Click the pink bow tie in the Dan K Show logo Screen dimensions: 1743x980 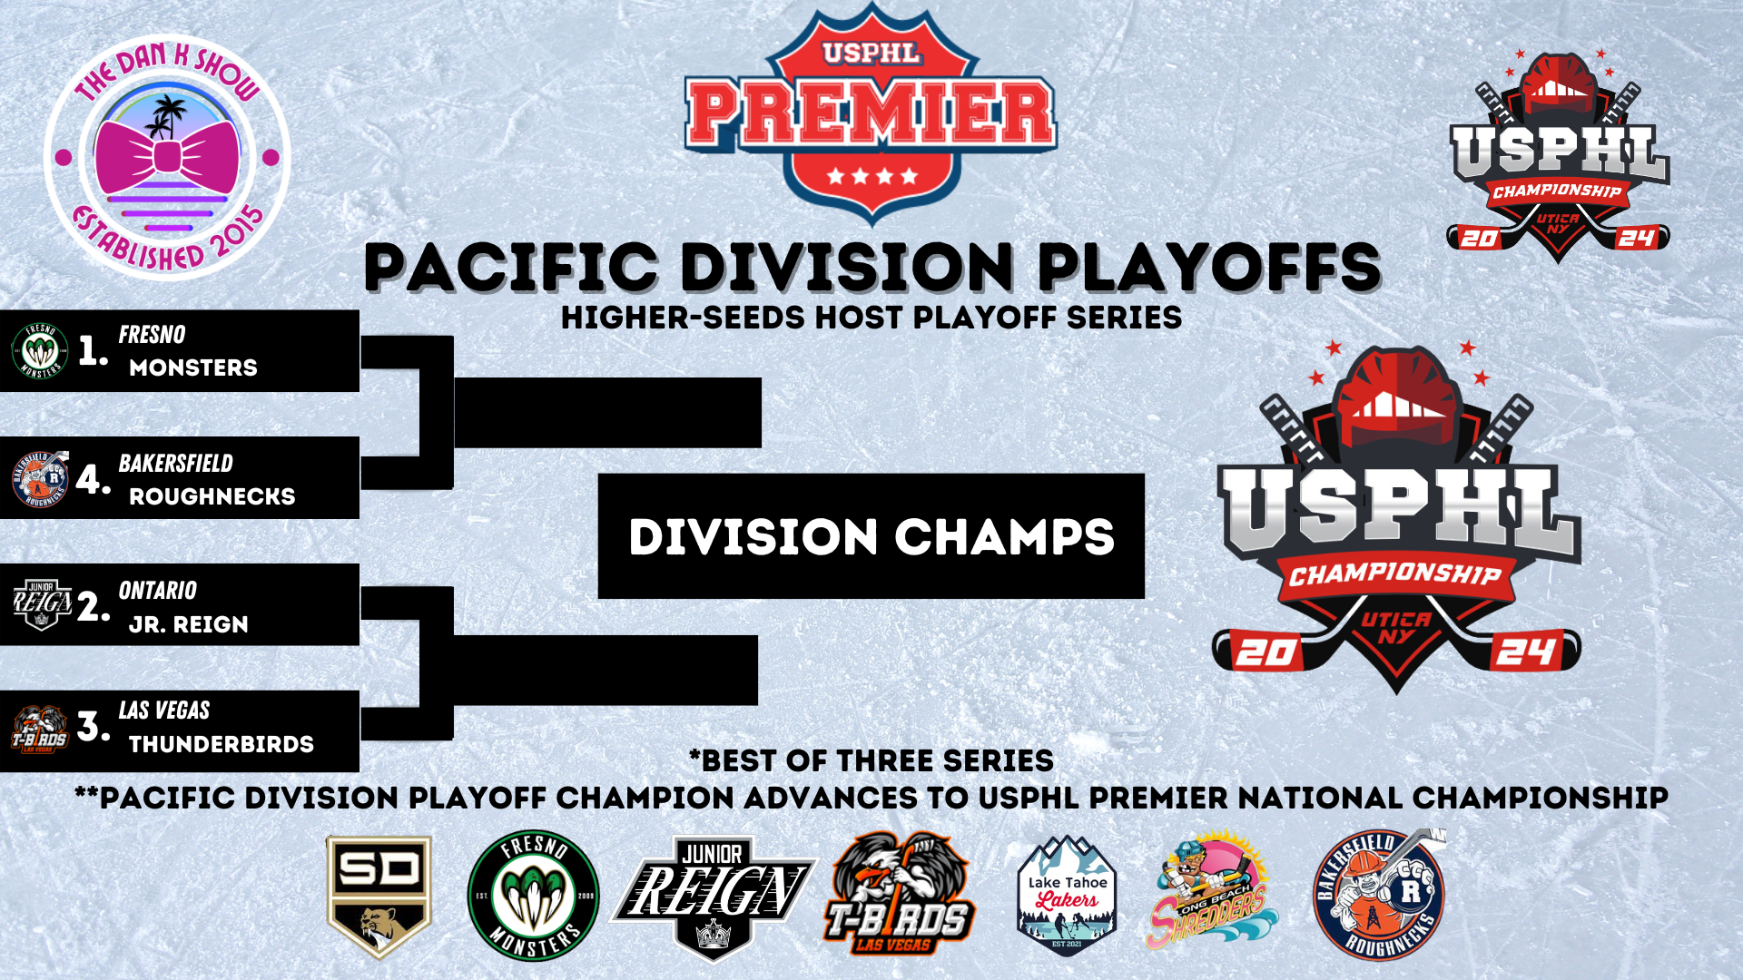coord(167,156)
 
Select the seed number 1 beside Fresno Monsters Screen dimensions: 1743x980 coord(93,351)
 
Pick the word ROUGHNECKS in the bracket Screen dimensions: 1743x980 coord(212,496)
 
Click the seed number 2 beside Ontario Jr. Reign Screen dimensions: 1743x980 coord(94,606)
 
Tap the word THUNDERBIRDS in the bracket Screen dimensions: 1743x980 coord(222,744)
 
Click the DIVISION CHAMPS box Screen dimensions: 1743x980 coord(871,535)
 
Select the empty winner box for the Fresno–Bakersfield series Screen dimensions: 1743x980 coord(607,413)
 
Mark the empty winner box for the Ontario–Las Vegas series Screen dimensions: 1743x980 coord(606,671)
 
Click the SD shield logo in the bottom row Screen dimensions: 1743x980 coord(379,897)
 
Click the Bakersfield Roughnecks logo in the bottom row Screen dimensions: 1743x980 coord(1378,895)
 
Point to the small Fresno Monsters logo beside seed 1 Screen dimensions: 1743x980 coord(40,350)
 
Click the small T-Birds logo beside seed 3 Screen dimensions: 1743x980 coord(40,730)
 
